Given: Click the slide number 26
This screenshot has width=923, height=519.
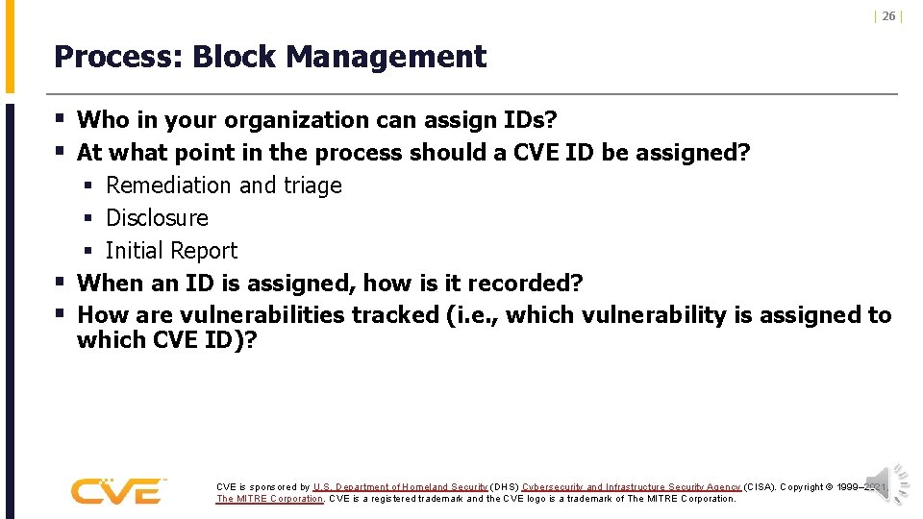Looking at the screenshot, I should pyautogui.click(x=888, y=16).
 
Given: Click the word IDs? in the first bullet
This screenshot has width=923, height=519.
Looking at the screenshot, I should pyautogui.click(x=530, y=120).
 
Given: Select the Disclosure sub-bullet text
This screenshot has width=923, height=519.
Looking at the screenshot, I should pyautogui.click(x=157, y=218).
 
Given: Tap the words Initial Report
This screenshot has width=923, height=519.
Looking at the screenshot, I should pyautogui.click(x=171, y=251).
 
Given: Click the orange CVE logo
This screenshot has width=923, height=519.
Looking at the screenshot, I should pyautogui.click(x=118, y=491).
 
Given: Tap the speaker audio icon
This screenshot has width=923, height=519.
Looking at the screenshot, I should pyautogui.click(x=886, y=483).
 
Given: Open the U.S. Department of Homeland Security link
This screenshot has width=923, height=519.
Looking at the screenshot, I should pyautogui.click(x=400, y=487).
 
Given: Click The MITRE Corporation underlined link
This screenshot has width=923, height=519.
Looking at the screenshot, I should pyautogui.click(x=269, y=499).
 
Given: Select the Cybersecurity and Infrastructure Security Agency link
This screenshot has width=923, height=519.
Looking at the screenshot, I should pyautogui.click(x=631, y=487).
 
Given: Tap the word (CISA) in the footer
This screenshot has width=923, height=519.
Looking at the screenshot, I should pyautogui.click(x=759, y=487).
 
